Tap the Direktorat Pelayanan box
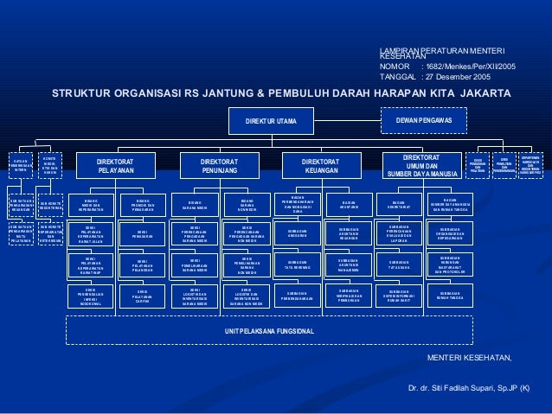120,166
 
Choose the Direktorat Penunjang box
220,166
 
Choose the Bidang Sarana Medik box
195,205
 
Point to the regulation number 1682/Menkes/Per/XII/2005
468,66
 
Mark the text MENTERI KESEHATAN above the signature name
471,357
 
